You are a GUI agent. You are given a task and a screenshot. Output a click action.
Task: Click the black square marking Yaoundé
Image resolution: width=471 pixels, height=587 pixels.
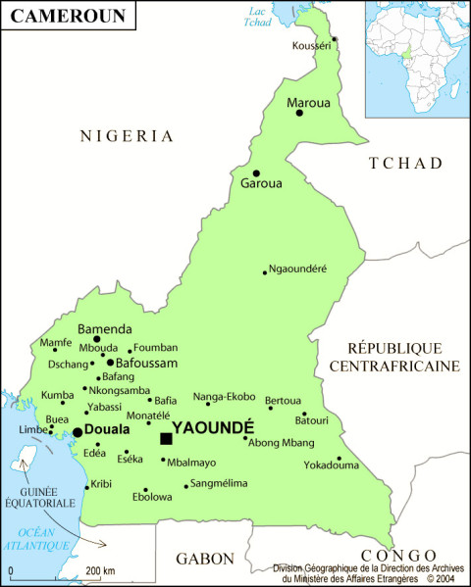(166, 438)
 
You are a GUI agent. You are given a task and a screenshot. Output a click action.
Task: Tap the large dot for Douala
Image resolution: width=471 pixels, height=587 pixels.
(78, 431)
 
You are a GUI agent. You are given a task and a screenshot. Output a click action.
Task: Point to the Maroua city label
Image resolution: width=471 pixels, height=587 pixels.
(308, 101)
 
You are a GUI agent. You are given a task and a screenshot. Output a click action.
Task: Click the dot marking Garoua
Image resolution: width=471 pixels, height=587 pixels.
(256, 173)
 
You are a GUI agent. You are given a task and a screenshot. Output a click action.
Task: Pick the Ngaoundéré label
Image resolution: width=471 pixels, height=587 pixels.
(298, 269)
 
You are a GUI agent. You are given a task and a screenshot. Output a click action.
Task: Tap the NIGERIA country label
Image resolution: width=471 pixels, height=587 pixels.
(127, 136)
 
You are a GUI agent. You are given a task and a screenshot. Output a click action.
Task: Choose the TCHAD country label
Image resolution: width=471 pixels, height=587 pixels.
(405, 164)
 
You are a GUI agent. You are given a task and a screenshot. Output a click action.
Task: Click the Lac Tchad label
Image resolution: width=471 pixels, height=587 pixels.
(258, 17)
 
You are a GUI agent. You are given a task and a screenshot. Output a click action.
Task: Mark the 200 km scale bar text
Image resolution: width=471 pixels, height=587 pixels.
(100, 570)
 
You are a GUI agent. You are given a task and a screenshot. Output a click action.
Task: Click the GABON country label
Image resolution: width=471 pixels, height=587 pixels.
(204, 559)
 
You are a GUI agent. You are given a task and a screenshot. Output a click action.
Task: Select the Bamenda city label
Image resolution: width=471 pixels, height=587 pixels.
(105, 329)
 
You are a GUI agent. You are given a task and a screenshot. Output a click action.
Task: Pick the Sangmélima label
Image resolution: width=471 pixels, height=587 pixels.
(219, 483)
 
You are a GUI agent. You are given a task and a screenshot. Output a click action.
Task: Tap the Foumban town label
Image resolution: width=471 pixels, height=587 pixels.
(156, 347)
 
